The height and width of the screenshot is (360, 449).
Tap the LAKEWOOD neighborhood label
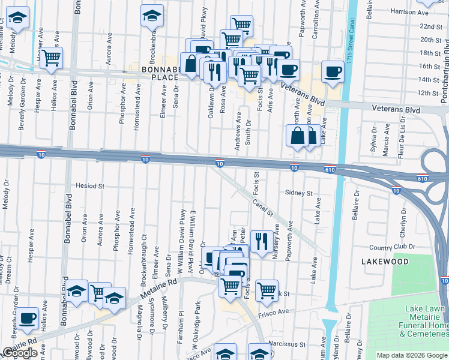[385, 262]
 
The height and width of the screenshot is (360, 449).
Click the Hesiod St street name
[90, 186]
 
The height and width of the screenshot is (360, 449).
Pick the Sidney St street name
[299, 193]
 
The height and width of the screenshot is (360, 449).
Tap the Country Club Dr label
[393, 247]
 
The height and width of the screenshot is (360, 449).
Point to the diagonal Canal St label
[262, 208]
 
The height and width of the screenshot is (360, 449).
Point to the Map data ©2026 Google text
[411, 355]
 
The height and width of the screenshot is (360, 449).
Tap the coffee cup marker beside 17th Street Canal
[332, 71]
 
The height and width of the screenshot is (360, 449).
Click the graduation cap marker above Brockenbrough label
[152, 16]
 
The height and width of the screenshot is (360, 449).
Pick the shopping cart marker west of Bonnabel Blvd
[52, 58]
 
